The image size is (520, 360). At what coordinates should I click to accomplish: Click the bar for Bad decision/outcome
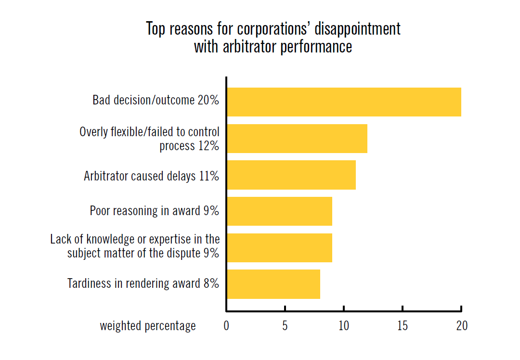point(344,102)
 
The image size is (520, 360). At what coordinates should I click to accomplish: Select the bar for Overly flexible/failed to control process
point(297,139)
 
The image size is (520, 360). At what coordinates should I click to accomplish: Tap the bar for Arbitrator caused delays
point(291,175)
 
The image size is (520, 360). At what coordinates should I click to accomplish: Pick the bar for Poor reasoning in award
point(279,211)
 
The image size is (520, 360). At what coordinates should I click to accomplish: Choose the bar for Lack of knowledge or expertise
point(279,247)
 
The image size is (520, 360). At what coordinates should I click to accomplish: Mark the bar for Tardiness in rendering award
point(273,284)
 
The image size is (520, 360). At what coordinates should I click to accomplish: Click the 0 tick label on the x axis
point(226,326)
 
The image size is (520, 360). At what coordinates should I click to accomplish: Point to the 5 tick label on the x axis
point(285,326)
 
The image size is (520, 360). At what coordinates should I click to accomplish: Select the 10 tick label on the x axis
point(344,326)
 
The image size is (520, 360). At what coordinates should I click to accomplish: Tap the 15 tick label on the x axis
point(403,326)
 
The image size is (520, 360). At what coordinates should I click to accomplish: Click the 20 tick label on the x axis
point(461,326)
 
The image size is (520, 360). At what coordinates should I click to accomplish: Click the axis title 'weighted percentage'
point(148,326)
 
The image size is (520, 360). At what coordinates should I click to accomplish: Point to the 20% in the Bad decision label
point(208,100)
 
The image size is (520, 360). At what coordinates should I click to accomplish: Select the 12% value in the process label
point(208,145)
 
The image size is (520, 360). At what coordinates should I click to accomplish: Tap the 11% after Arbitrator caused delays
point(209,176)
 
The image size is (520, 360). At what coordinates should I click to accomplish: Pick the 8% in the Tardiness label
point(211,283)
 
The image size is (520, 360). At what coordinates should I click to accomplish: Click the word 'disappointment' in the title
point(358,29)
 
